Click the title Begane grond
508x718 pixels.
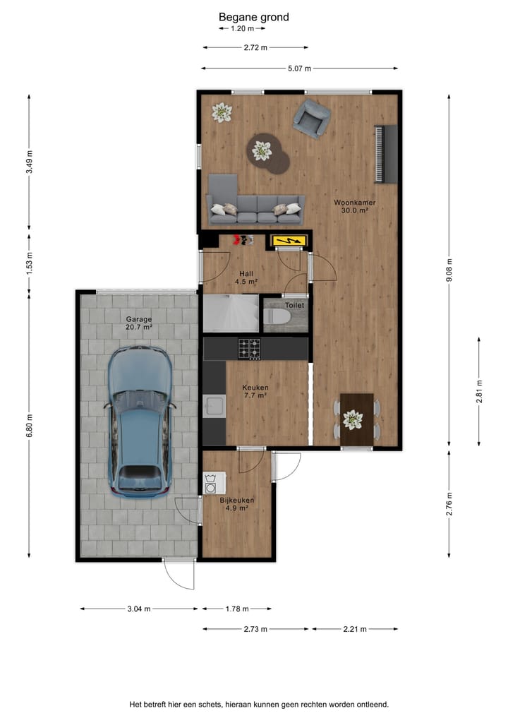pos(253,17)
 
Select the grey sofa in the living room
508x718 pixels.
pos(255,208)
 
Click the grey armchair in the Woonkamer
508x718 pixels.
pos(311,117)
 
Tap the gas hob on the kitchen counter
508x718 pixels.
pos(249,347)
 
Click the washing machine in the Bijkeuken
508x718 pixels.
pos(211,484)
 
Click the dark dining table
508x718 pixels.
pos(356,419)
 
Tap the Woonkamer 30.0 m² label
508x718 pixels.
pos(354,206)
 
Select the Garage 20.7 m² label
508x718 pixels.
pos(139,323)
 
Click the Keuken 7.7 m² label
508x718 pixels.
pos(255,392)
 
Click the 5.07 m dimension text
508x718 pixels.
pos(300,68)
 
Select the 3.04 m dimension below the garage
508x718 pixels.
pos(138,609)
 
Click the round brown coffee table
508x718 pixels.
pos(268,152)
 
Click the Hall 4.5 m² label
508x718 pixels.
pos(246,277)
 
